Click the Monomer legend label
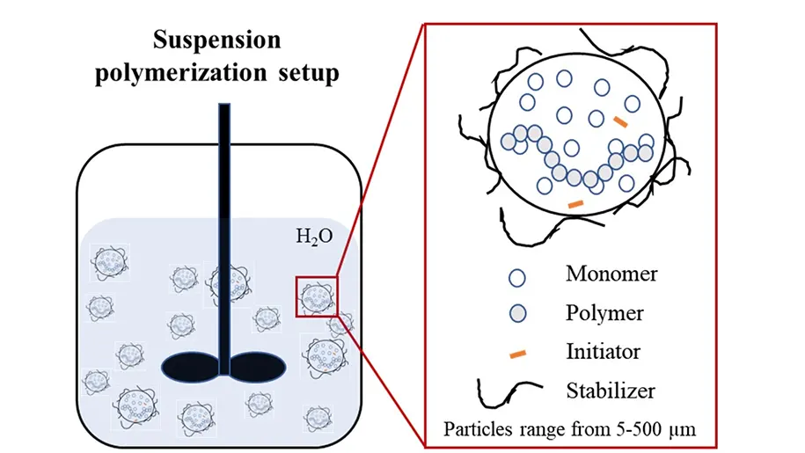point(611,274)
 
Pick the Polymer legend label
point(604,312)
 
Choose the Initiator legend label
point(603,352)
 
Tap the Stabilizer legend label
point(611,390)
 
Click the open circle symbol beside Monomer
point(518,276)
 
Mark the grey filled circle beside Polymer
point(518,314)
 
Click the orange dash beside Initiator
point(518,354)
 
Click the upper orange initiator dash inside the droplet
point(621,121)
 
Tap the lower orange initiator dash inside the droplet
point(576,205)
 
